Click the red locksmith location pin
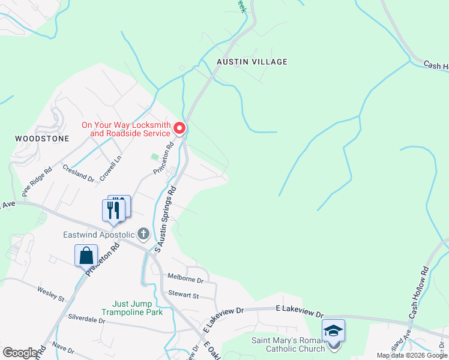click(179, 128)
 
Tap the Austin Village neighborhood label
click(252, 62)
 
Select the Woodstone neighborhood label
click(37, 138)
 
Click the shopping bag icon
click(86, 256)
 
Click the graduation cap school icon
click(333, 331)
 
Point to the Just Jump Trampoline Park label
click(132, 308)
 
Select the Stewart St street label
click(184, 295)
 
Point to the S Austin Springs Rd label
click(166, 217)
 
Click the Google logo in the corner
click(19, 353)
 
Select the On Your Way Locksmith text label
click(127, 128)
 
